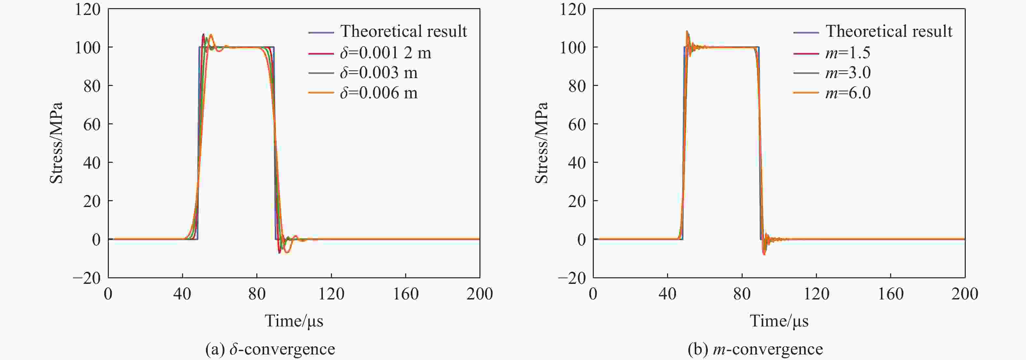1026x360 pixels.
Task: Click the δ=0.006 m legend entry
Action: coord(378,93)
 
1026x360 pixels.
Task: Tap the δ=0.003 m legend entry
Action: coord(378,73)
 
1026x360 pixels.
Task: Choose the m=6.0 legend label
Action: coord(848,93)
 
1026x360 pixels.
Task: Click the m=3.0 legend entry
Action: coord(848,73)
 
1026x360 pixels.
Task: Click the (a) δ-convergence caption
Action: coord(270,349)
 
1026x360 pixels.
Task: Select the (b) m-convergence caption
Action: coord(755,349)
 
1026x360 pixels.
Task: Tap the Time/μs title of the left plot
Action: coord(294,321)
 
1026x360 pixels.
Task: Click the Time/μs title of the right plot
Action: coord(779,321)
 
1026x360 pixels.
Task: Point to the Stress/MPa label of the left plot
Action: coord(56,143)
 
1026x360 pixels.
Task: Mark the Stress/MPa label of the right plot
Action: coord(541,143)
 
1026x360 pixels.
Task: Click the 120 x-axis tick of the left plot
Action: coord(331,294)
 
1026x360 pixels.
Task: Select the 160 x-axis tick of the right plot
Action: coord(891,294)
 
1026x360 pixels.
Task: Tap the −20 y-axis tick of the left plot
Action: coord(87,278)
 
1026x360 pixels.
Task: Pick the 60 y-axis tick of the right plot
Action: coord(577,124)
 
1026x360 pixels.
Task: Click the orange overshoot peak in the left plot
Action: coord(211,35)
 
